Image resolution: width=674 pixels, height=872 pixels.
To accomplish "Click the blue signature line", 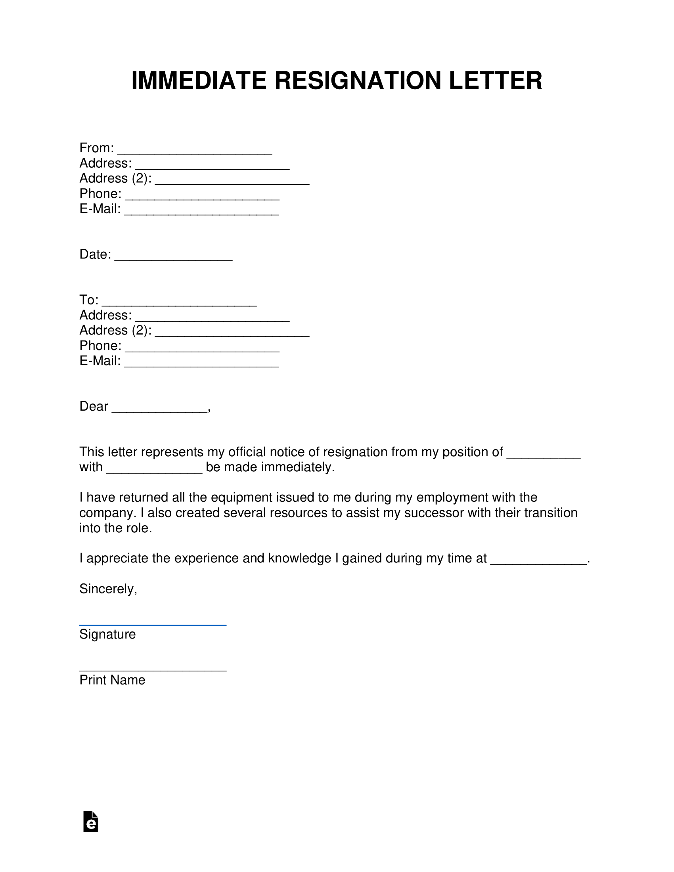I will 153,624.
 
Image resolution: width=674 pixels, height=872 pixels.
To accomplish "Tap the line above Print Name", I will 153,670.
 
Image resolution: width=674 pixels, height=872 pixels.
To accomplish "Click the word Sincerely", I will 108,589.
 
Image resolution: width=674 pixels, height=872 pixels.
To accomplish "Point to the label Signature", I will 107,635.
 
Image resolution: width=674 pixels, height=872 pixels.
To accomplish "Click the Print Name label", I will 112,680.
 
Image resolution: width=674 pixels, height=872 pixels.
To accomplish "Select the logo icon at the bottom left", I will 91,821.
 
